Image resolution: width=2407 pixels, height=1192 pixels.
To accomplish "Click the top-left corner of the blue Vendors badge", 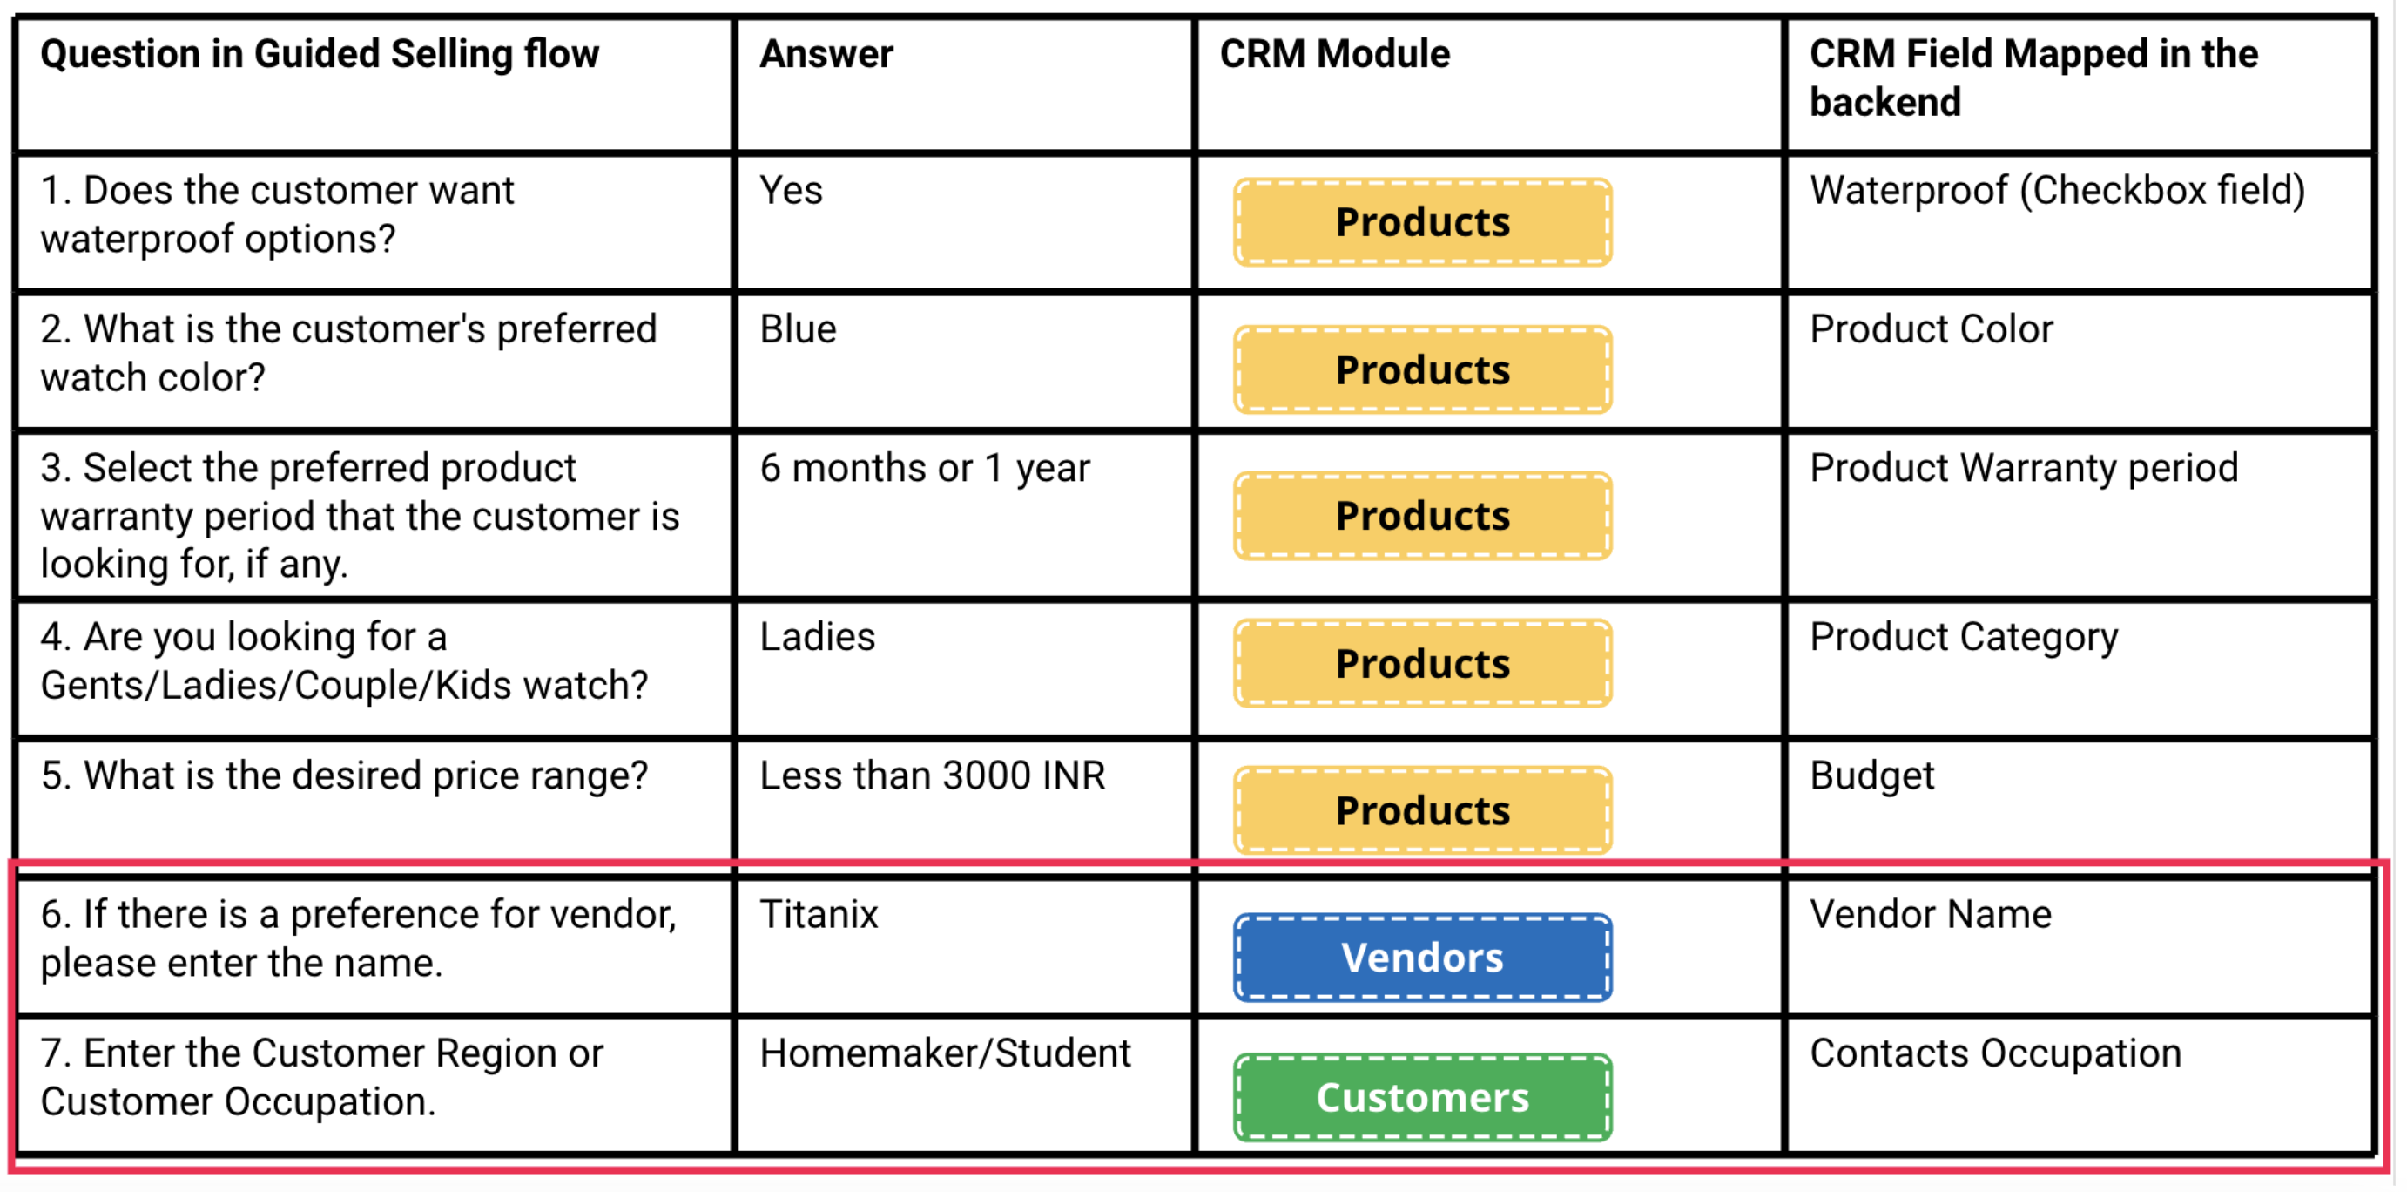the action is click(x=1235, y=915).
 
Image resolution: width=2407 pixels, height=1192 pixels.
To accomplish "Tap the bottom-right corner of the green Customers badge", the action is click(x=1612, y=1141).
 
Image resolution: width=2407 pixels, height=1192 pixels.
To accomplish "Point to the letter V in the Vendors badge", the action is click(x=1355, y=958).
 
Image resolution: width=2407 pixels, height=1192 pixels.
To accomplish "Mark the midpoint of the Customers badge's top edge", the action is click(x=1423, y=1054).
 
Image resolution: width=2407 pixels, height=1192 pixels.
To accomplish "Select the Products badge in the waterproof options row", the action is click(x=1423, y=222).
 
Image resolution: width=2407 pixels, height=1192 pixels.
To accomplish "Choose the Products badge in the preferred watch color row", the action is click(x=1423, y=370).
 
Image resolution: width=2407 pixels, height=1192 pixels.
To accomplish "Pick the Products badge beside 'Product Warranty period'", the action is click(x=1423, y=516).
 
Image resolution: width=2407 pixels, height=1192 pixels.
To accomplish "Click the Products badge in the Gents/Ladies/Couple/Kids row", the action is click(x=1423, y=664).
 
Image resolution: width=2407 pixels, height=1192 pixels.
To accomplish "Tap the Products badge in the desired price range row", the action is click(x=1423, y=810).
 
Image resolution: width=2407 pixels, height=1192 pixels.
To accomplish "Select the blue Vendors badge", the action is click(x=1423, y=958).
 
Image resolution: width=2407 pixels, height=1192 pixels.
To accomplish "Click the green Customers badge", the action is click(x=1423, y=1098).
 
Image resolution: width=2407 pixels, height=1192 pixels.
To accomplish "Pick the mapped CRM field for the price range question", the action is click(x=1872, y=776).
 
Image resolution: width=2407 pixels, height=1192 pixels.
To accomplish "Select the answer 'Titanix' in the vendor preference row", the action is click(x=819, y=914).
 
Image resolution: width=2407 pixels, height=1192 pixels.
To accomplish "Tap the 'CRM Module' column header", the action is click(x=1335, y=54).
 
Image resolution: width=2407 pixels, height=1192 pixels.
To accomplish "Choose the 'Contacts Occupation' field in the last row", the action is click(x=1996, y=1053).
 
